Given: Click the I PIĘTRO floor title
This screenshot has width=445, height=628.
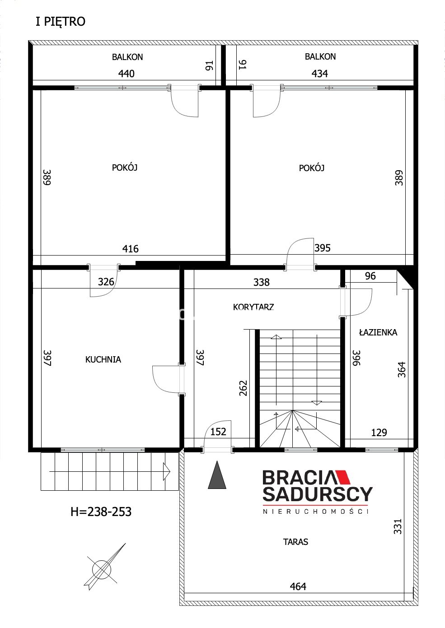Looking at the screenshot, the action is [x=61, y=22].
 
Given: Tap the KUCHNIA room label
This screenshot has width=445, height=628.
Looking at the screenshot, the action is [x=103, y=359].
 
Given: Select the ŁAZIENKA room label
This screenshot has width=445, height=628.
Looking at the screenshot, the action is [x=378, y=332].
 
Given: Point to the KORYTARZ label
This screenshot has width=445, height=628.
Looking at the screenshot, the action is [x=253, y=307].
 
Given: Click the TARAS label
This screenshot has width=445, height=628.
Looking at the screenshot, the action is [x=295, y=542].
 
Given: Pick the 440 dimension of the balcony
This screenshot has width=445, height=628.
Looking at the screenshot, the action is [x=126, y=74].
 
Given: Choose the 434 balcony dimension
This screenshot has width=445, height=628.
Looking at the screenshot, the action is [x=319, y=74].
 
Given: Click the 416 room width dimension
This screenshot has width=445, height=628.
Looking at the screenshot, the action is [x=131, y=249].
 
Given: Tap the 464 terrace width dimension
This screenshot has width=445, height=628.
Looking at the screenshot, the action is [x=298, y=586].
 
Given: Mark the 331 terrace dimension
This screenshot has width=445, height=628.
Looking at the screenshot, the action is [x=398, y=526].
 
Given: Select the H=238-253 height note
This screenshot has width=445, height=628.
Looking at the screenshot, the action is [x=101, y=512].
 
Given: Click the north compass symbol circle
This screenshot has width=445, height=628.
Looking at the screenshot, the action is [x=102, y=570].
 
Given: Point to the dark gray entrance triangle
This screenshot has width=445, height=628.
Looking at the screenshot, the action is [x=217, y=475].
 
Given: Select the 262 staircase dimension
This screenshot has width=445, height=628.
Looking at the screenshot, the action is [x=243, y=388].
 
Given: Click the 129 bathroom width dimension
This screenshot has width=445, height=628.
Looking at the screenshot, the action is [x=379, y=433].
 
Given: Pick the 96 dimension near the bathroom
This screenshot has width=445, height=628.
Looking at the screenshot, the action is [x=370, y=276].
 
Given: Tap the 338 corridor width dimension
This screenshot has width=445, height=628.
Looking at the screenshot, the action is [x=262, y=282].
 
